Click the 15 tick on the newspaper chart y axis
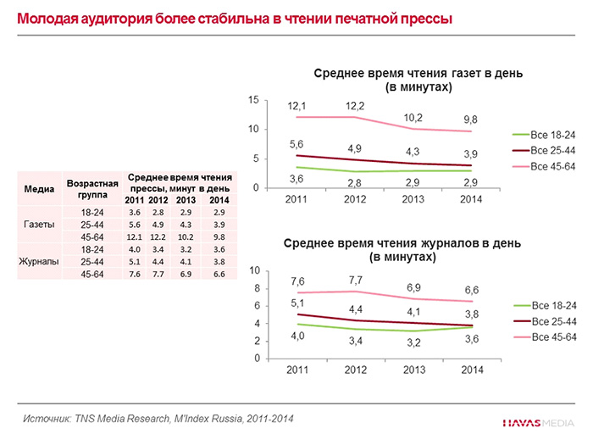point(252,100)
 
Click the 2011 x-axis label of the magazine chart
point(296,370)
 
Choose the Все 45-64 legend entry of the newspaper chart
point(553,166)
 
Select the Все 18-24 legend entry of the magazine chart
point(553,304)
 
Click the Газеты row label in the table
point(37,225)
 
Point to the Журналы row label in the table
point(37,263)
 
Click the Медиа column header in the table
point(37,188)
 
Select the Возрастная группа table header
point(91,188)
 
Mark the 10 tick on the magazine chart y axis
point(252,270)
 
